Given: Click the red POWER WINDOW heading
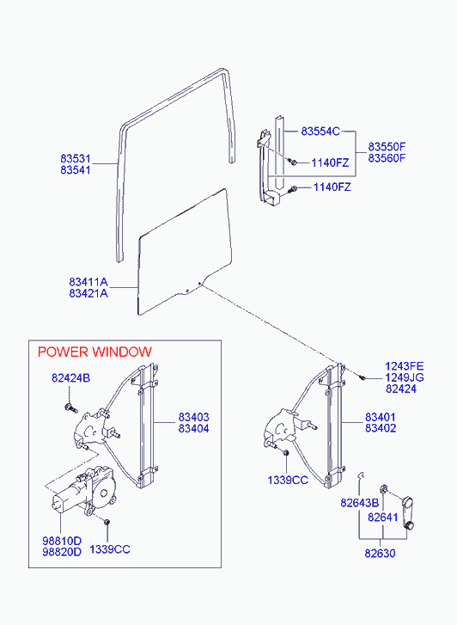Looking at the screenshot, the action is (94, 352).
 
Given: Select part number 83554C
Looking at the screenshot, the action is (320, 132).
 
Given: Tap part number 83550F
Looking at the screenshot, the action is (387, 146).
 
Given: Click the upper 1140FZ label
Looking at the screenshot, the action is (330, 162).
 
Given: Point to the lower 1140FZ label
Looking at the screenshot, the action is (332, 187).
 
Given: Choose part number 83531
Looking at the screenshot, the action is (76, 159).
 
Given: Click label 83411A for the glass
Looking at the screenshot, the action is (88, 282).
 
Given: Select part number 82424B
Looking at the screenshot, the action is (71, 378).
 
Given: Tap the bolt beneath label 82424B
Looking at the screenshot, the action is (70, 407).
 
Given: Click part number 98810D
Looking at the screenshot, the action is (62, 541).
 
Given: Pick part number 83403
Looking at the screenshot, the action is (193, 417).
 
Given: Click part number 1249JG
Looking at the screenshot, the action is (405, 377).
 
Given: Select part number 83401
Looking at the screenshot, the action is (381, 417).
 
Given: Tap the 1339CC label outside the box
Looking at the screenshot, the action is (288, 481).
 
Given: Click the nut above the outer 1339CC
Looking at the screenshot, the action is (286, 453).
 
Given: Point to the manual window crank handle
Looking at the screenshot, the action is (407, 513).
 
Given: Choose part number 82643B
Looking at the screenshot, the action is (360, 503).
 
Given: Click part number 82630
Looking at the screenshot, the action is (380, 554).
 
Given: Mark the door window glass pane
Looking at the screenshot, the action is (184, 251).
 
